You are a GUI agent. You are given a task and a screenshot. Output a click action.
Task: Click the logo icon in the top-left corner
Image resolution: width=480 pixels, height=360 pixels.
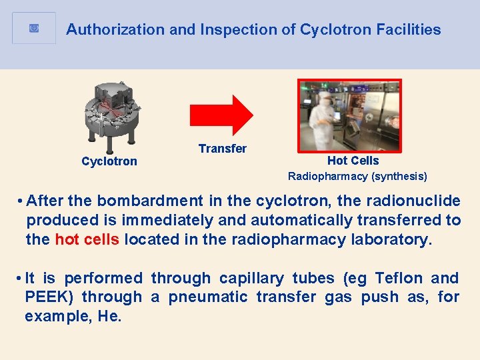(x=34, y=29)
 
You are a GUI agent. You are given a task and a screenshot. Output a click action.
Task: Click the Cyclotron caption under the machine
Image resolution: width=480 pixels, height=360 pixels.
(x=109, y=161)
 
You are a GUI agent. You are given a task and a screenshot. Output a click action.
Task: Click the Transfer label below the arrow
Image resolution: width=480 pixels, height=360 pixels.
(x=222, y=149)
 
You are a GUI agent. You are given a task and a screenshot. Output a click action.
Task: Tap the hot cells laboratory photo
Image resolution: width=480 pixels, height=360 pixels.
(x=349, y=115)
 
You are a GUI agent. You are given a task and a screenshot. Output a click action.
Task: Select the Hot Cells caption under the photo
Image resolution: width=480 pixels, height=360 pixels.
(x=353, y=161)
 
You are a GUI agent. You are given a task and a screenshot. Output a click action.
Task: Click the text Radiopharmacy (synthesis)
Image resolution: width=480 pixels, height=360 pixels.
(x=357, y=177)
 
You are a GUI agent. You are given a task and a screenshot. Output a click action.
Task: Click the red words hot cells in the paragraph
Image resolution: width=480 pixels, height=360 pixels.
(x=87, y=239)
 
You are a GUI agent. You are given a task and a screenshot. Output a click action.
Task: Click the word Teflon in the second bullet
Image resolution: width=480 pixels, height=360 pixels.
(x=399, y=278)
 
